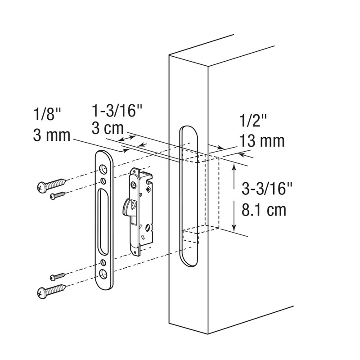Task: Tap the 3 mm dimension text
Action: [51, 135]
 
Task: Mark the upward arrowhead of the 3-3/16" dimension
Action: [234, 167]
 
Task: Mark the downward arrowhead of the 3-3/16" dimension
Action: [234, 227]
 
